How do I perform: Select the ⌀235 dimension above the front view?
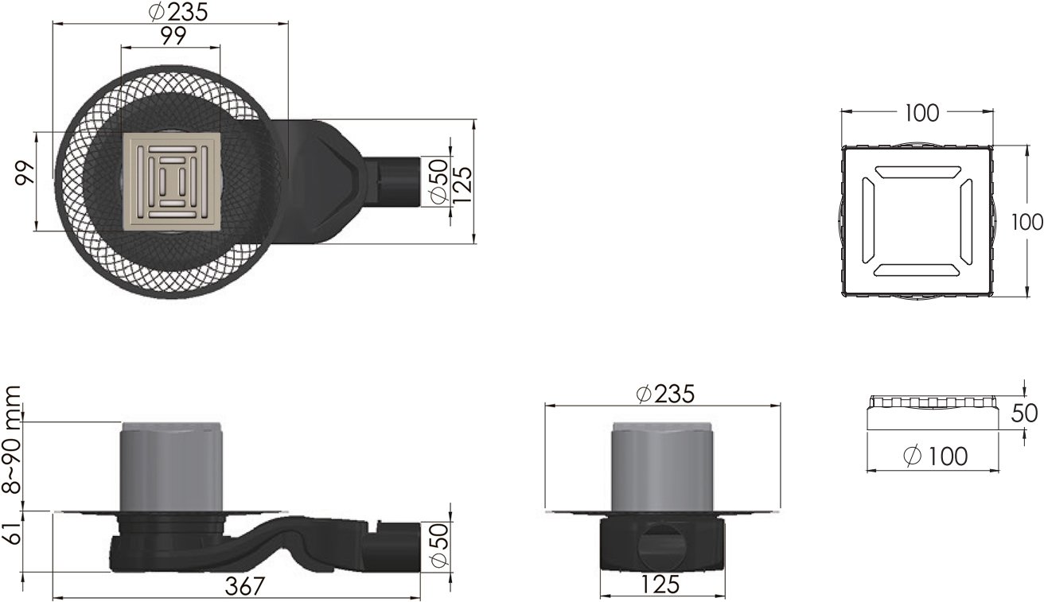[x=665, y=394]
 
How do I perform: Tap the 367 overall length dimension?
[x=245, y=586]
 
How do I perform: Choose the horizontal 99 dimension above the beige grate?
[x=173, y=36]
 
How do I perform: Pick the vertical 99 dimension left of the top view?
[x=25, y=173]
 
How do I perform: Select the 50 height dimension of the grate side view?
[x=1024, y=414]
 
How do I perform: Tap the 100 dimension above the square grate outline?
[x=922, y=113]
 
